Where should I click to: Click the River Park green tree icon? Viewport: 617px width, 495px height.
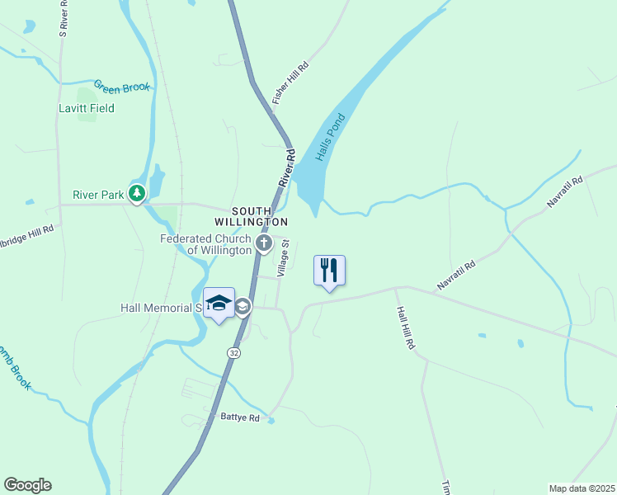[x=137, y=195]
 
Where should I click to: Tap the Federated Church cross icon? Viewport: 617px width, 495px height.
[x=264, y=243]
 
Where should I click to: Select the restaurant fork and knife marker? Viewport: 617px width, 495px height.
[x=329, y=269]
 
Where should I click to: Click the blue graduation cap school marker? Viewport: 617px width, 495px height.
[x=219, y=304]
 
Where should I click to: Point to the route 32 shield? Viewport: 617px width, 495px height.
[x=233, y=352]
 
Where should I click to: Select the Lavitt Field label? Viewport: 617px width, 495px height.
[x=87, y=108]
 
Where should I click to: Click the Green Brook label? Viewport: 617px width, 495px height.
[x=122, y=86]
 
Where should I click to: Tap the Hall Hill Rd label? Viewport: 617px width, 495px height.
[x=404, y=328]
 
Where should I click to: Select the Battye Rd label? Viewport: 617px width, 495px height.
[x=240, y=418]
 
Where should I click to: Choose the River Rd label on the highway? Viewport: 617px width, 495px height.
[x=285, y=167]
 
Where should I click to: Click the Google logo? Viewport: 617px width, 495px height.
[x=27, y=485]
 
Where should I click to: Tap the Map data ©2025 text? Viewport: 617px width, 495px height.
[x=582, y=488]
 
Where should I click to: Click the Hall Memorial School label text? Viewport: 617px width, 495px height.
[x=161, y=308]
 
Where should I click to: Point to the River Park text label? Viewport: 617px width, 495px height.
[x=98, y=196]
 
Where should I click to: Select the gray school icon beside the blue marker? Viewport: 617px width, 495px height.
[x=243, y=308]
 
